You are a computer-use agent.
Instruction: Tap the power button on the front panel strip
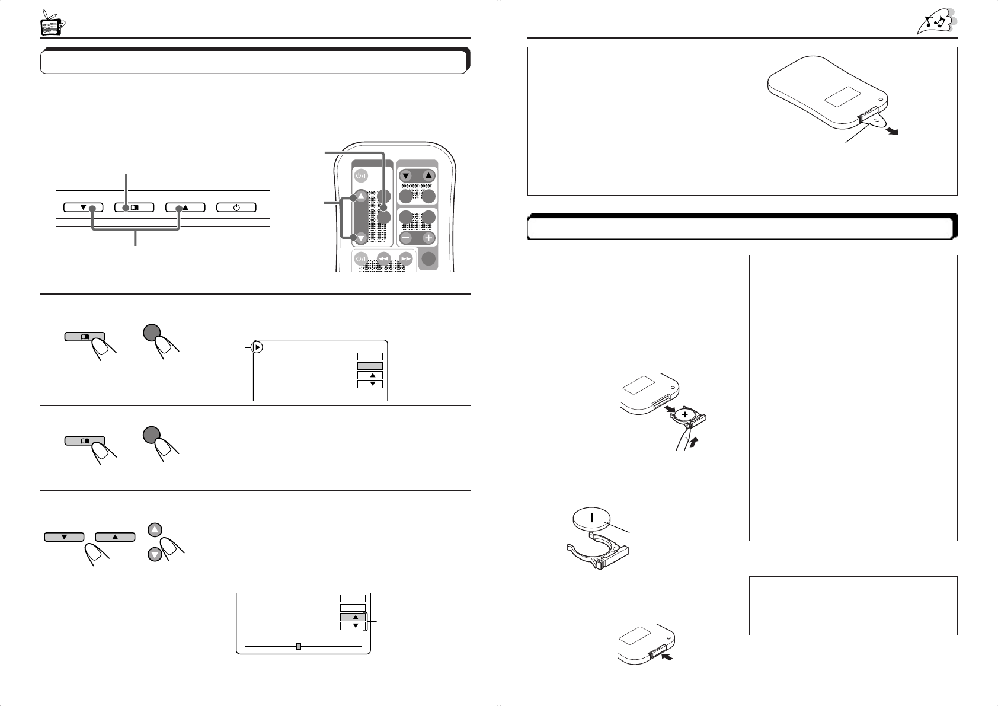[x=236, y=207]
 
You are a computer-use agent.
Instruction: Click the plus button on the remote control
[x=428, y=238]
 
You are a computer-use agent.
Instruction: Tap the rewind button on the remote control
[x=383, y=258]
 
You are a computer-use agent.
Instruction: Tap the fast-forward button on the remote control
[x=405, y=258]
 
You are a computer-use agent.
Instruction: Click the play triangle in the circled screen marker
[x=257, y=347]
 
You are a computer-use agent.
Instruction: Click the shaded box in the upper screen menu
[x=370, y=366]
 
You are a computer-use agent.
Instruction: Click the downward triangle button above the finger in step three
[x=64, y=537]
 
